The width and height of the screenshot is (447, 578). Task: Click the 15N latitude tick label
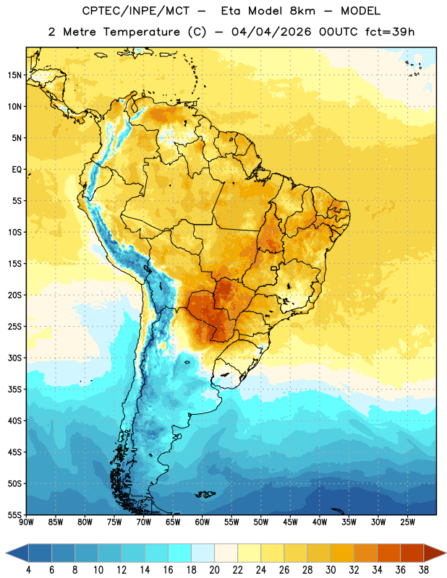click(x=14, y=75)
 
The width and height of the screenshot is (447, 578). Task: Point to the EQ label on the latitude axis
click(x=17, y=170)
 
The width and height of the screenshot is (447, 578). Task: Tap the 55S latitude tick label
click(x=14, y=515)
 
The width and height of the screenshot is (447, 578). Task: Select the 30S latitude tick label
click(x=14, y=358)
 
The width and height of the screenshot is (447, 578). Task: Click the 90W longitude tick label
click(x=26, y=522)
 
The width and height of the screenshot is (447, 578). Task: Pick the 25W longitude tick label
click(x=407, y=522)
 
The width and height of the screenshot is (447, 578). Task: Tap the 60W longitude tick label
click(x=203, y=522)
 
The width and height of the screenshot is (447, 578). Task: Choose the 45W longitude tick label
click(x=290, y=522)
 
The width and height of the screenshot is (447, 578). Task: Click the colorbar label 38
click(x=423, y=570)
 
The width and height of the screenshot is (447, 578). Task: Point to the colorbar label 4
click(x=28, y=570)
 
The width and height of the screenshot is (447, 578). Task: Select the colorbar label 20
click(x=214, y=570)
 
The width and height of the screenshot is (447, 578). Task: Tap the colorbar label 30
click(x=331, y=570)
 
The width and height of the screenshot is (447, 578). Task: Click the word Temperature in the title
click(x=141, y=32)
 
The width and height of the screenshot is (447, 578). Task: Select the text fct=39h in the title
click(x=390, y=32)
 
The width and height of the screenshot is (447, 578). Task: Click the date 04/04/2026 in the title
click(x=271, y=32)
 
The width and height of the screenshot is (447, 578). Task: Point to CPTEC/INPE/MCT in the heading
click(x=135, y=11)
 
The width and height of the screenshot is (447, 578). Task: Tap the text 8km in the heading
click(x=302, y=11)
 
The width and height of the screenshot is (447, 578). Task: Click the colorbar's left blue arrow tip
click(x=6, y=553)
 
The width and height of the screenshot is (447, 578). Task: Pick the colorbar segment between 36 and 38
click(x=412, y=553)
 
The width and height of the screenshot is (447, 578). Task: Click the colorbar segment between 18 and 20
click(x=203, y=553)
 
